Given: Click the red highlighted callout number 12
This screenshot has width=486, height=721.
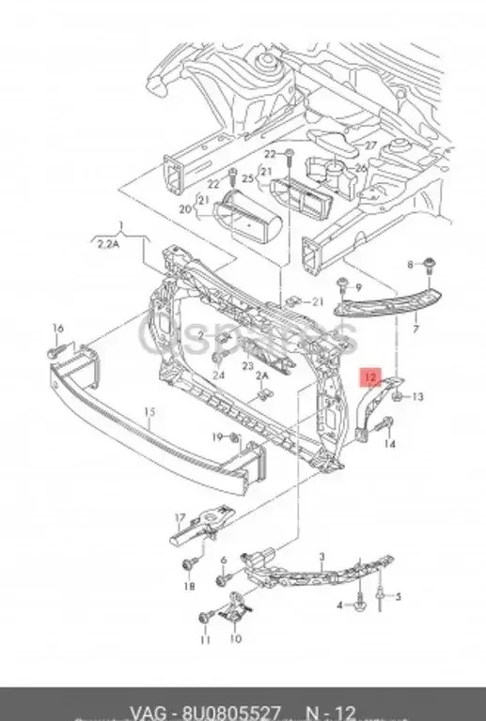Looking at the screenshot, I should [x=371, y=378].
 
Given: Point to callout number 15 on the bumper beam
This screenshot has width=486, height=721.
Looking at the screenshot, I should [x=147, y=411].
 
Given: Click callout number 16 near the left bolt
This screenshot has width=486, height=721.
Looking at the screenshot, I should [x=58, y=328].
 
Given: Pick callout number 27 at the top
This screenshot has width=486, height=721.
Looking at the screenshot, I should [x=370, y=146].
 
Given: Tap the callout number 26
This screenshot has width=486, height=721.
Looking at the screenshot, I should [x=361, y=169].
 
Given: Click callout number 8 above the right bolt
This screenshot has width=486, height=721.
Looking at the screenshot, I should [x=409, y=267].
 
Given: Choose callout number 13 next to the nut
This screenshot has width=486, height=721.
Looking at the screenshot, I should [x=417, y=397].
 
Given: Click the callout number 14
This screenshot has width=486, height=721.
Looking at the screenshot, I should [x=390, y=444].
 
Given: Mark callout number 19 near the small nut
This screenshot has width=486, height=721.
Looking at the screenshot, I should [x=216, y=437].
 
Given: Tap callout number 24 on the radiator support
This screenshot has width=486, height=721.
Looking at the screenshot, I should [x=218, y=375].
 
